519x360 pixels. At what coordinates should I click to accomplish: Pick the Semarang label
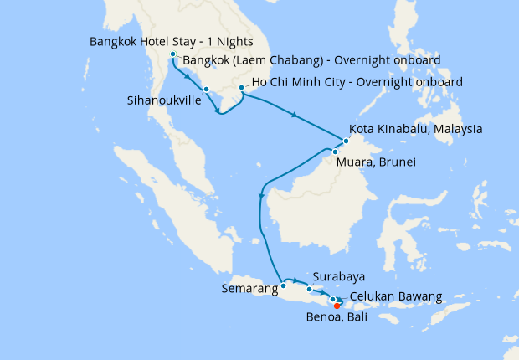point(249,289)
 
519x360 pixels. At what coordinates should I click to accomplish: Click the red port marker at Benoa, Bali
point(337,306)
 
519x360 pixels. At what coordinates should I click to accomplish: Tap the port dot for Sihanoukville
point(206,89)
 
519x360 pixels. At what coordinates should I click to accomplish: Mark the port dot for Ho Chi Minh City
point(241,87)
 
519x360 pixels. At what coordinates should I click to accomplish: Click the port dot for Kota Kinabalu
point(346,141)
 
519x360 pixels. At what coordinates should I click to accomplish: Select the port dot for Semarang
point(283,285)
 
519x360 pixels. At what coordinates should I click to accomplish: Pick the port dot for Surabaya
point(309,290)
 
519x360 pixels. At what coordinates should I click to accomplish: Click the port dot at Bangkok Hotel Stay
point(173,55)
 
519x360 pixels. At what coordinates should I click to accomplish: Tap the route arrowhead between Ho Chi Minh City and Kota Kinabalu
point(295,115)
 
